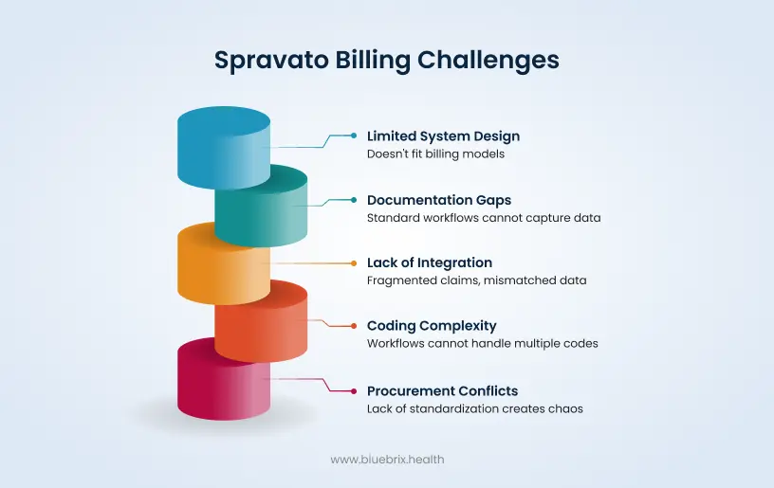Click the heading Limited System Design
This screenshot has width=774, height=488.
coord(443,136)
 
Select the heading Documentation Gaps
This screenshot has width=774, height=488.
coord(438,200)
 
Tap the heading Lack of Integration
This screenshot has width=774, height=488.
coord(430,262)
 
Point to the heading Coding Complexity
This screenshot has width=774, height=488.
coord(432,326)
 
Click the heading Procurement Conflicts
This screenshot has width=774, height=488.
coord(442,390)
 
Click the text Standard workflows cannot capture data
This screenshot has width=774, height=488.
coord(484,218)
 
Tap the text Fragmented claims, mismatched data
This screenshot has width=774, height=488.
coord(476,280)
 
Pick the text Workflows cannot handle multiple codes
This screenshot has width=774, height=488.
coord(482,343)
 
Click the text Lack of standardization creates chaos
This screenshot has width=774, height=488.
coord(474,408)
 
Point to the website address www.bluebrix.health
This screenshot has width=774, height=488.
coord(387,460)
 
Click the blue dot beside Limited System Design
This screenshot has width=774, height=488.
coord(354,136)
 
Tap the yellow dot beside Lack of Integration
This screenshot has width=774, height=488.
coord(354,262)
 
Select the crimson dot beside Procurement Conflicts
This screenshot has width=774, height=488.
coord(354,390)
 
